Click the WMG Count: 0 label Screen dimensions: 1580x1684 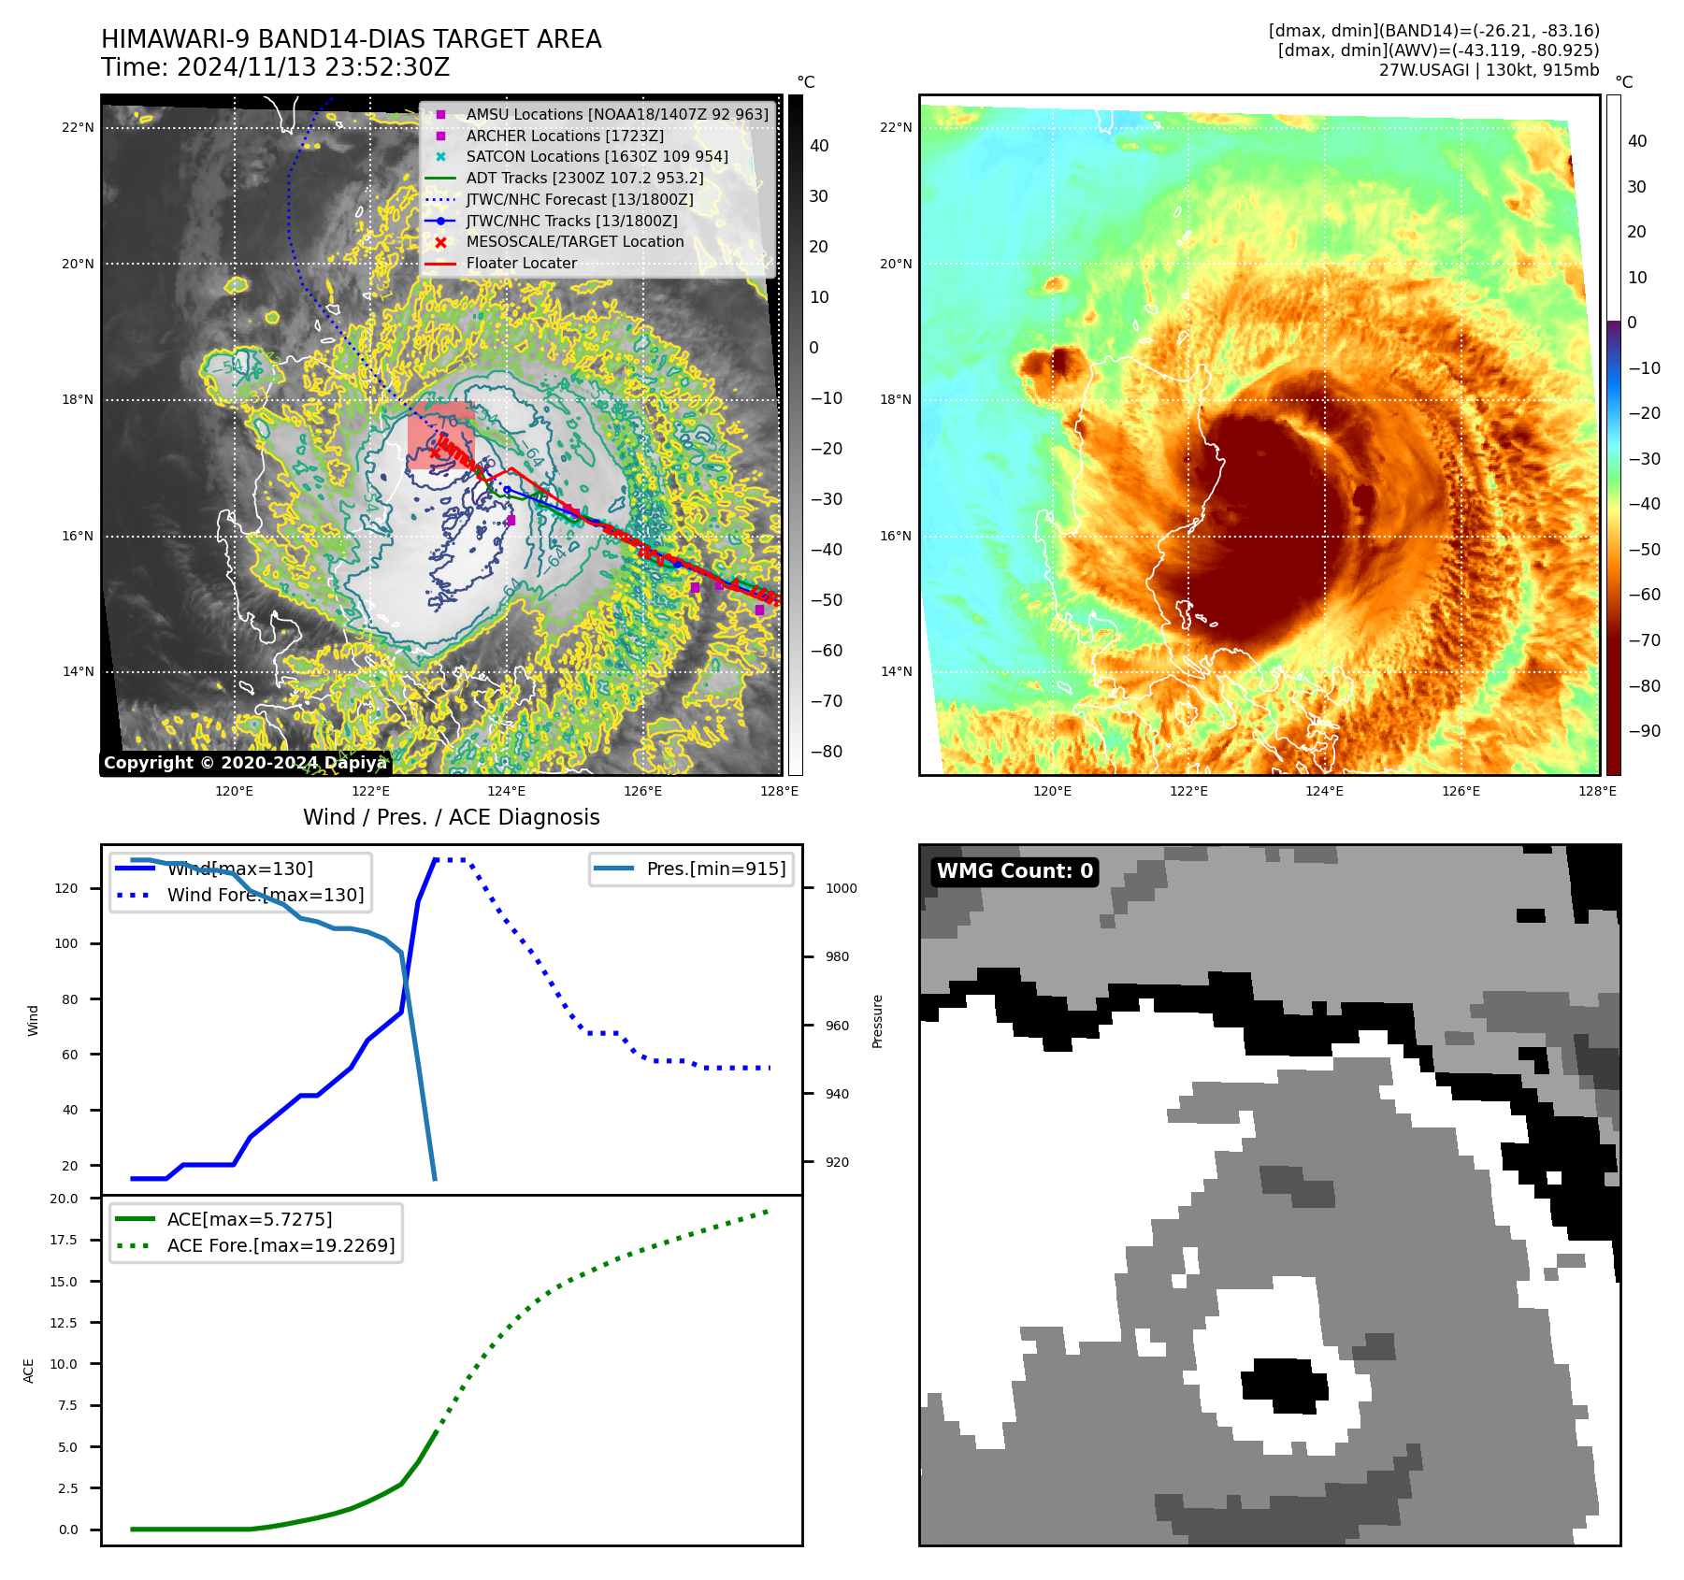point(1015,871)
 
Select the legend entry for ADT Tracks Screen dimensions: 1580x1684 point(584,178)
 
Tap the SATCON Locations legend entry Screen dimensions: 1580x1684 point(597,156)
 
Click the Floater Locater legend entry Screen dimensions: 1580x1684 point(521,263)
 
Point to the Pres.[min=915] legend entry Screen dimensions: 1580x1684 point(715,869)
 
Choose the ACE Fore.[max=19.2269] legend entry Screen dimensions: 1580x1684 point(281,1245)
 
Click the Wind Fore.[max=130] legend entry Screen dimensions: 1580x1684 point(266,895)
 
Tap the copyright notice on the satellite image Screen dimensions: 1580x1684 point(245,763)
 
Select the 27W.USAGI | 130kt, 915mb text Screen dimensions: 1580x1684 point(1489,70)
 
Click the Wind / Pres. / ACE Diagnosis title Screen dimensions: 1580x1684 point(451,817)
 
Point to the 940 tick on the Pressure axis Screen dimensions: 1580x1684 point(837,1094)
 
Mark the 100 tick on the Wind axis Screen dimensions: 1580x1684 point(66,943)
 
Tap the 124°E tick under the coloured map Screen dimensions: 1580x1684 point(1324,791)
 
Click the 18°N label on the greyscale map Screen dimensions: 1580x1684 point(78,399)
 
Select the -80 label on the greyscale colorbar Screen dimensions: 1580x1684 point(826,752)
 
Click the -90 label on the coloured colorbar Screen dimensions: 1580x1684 point(1644,731)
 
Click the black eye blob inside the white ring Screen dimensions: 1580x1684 point(1283,1386)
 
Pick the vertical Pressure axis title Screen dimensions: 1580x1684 point(877,1021)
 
